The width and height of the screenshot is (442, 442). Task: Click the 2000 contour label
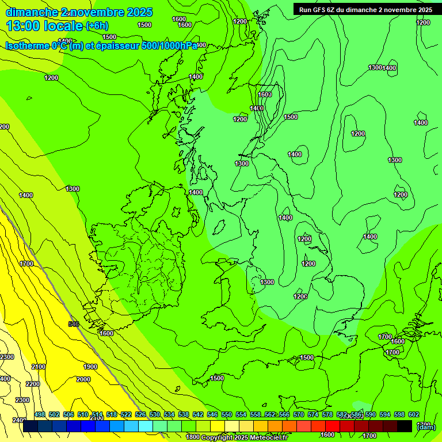(x=83, y=379)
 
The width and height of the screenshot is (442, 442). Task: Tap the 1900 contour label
(x=90, y=367)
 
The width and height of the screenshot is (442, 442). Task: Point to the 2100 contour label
(x=39, y=367)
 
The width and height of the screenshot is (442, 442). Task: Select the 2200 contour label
(x=33, y=384)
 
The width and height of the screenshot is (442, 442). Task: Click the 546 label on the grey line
(x=73, y=325)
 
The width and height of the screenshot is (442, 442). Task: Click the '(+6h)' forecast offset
(x=97, y=26)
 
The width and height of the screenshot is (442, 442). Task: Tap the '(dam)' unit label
(x=426, y=426)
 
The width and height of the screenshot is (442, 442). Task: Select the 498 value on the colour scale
(x=40, y=414)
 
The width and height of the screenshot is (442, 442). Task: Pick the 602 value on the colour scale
(x=414, y=414)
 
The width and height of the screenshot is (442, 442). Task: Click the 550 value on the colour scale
(x=227, y=414)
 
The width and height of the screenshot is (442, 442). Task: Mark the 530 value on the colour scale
(x=155, y=414)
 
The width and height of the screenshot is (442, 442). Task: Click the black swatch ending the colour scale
(x=405, y=426)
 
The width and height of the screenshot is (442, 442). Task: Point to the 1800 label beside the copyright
(x=193, y=437)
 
